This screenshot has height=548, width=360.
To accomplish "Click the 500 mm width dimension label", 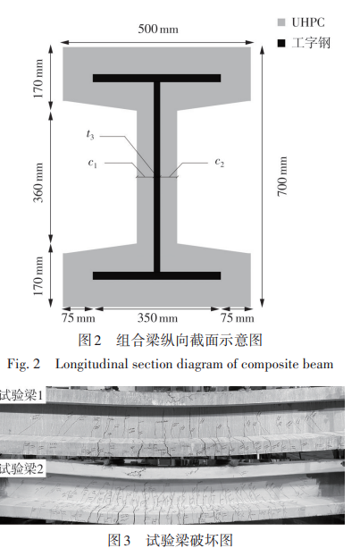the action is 158,29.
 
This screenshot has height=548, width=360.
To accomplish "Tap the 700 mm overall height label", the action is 282,176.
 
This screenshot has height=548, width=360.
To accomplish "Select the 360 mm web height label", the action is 38,182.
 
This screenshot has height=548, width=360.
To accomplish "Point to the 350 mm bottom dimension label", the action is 157,317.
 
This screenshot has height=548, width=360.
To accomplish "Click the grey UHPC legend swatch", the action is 281,22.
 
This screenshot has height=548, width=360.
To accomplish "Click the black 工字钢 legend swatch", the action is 281,43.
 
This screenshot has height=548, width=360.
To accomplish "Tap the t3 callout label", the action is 90,134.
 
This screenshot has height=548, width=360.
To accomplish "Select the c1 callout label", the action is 92,163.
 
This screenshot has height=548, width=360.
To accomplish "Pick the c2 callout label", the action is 219,162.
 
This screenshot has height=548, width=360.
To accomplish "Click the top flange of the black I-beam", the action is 157,78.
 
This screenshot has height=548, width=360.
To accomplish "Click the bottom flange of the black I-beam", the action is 157,275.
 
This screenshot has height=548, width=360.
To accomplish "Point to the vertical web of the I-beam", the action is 157,177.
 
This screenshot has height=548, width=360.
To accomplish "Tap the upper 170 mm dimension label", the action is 38,79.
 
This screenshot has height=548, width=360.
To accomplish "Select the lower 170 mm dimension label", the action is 38,276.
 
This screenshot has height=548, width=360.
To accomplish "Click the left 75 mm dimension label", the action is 79,318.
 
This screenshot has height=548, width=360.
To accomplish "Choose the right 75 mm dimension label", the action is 237,318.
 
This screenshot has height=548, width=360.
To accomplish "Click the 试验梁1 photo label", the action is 21,395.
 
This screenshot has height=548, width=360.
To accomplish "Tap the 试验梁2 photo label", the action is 21,468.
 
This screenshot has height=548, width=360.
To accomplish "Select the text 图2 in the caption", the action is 89,340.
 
